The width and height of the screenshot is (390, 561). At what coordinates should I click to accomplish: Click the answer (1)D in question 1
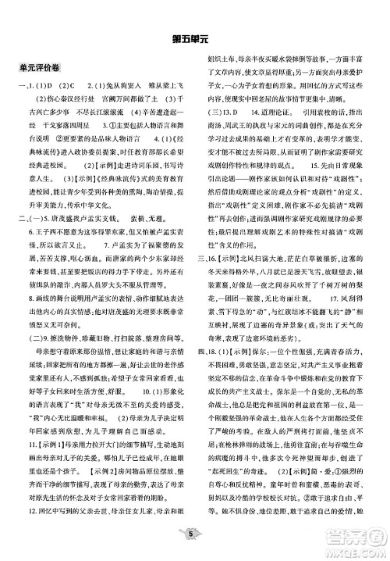coord(47,84)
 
